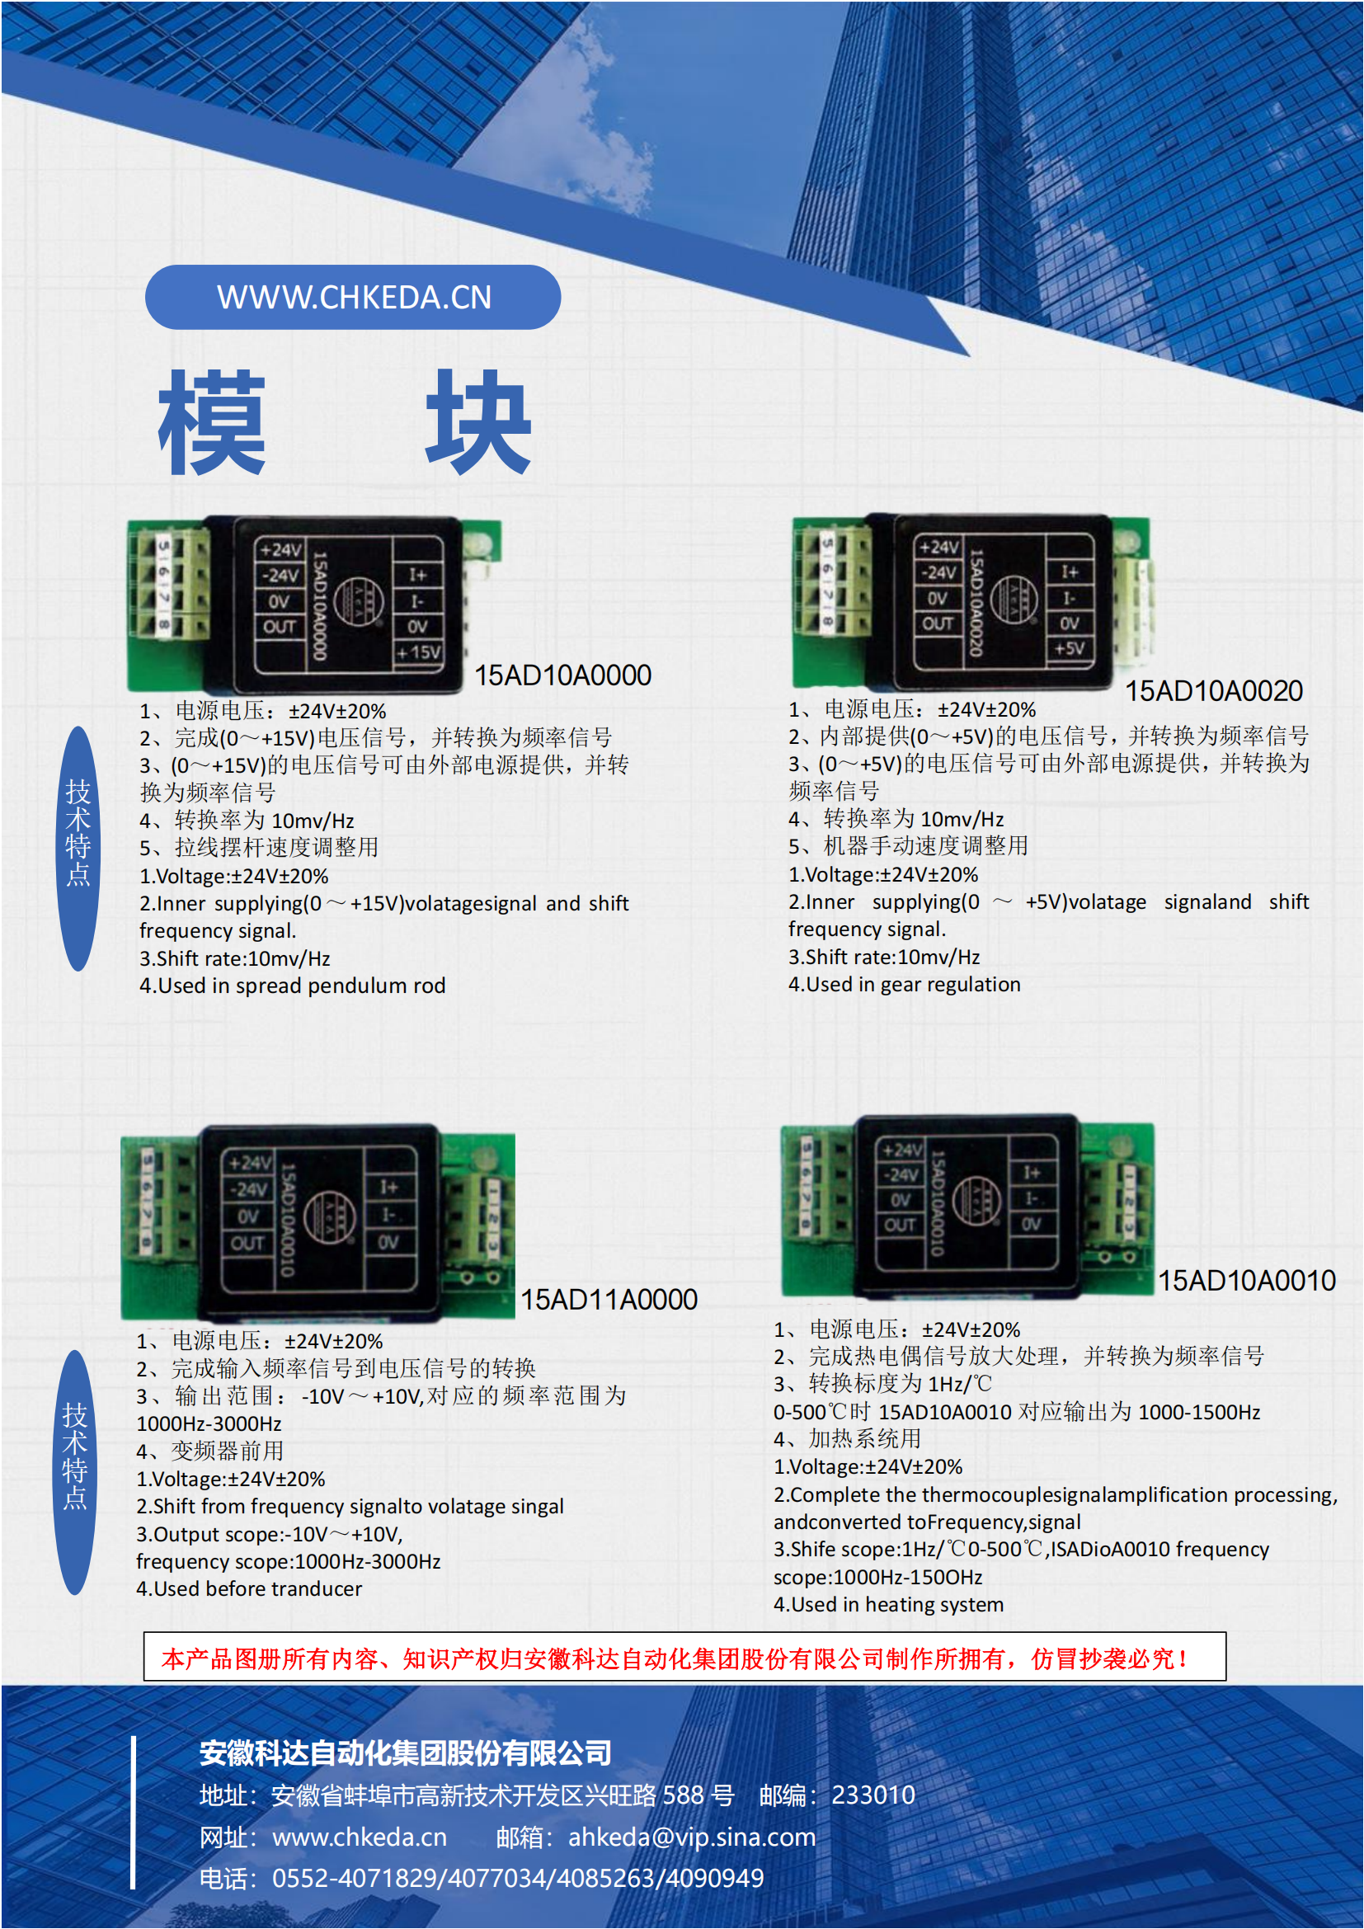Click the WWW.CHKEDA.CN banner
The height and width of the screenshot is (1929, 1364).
[x=353, y=298]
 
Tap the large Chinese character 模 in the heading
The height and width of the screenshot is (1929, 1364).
[x=212, y=421]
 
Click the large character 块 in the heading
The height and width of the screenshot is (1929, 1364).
[x=478, y=421]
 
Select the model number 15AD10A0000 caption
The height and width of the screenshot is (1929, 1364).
[x=562, y=675]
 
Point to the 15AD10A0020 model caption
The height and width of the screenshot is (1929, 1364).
[x=1213, y=691]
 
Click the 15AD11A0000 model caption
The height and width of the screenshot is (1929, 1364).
[x=608, y=1300]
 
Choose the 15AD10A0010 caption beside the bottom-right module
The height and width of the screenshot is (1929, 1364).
[x=1246, y=1281]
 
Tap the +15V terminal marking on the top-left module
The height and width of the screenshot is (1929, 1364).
[x=418, y=652]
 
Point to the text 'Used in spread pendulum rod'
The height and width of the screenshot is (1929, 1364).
[x=301, y=986]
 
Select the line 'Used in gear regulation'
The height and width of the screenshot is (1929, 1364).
[x=912, y=984]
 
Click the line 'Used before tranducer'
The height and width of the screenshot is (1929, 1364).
[x=257, y=1588]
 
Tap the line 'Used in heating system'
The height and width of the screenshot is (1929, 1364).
[x=896, y=1604]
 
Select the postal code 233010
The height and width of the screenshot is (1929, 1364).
[x=872, y=1795]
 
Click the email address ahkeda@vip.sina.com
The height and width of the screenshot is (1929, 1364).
[x=691, y=1837]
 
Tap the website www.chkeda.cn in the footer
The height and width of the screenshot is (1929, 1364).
[x=359, y=1837]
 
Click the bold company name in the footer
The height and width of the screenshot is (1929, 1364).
[x=405, y=1753]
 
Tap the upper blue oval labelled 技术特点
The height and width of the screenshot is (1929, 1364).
[x=78, y=849]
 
